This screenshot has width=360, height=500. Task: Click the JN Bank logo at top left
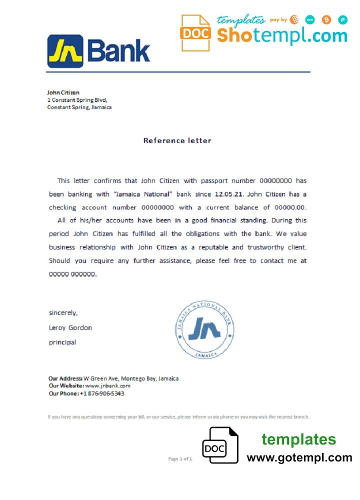click(x=98, y=51)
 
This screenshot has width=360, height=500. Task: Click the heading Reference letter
click(x=177, y=140)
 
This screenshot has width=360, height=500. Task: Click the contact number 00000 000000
click(x=72, y=274)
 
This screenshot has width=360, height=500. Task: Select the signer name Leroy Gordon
click(x=70, y=328)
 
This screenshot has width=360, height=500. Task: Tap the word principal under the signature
click(x=62, y=342)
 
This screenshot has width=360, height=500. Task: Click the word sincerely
click(x=63, y=313)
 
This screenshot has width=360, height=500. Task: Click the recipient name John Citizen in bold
click(x=63, y=92)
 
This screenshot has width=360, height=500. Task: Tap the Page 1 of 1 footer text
click(x=180, y=458)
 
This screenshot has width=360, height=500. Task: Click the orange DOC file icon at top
click(x=195, y=33)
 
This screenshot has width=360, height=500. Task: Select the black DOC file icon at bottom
click(x=220, y=445)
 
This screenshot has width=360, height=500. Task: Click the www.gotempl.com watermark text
click(x=299, y=457)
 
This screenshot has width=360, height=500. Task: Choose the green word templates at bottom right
click(x=299, y=439)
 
